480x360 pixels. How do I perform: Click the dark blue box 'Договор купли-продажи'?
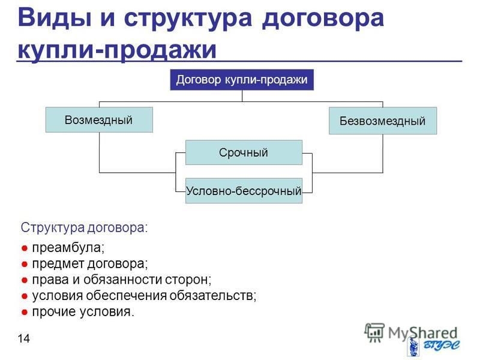point(242,80)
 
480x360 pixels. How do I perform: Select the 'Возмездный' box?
point(99,119)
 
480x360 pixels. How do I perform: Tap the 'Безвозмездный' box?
point(383,121)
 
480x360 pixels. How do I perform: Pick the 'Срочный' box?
point(244,152)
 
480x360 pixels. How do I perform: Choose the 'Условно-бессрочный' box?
point(244,191)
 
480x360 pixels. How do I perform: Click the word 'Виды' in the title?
point(55,18)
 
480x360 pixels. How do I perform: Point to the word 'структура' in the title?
point(188,19)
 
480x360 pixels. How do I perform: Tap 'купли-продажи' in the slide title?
point(117,49)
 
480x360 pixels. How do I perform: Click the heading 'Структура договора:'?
point(84,228)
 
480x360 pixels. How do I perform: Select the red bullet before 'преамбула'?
point(25,248)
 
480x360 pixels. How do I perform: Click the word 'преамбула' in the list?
point(68,247)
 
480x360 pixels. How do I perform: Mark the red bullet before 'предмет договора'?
point(25,265)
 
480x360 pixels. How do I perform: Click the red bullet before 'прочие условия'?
point(25,313)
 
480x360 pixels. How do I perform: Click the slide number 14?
point(23,338)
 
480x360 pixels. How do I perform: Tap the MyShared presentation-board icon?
point(374,332)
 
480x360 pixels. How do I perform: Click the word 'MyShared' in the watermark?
point(422,333)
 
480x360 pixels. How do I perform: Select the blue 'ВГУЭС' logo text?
point(442,345)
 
